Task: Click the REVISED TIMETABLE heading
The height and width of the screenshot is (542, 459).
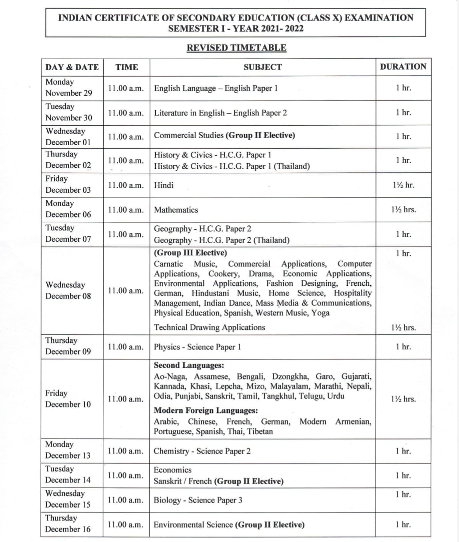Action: click(x=236, y=48)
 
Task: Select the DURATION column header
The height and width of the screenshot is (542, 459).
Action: click(x=403, y=67)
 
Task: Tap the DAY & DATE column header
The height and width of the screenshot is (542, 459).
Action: click(x=72, y=67)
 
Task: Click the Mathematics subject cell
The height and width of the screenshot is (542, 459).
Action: click(x=176, y=210)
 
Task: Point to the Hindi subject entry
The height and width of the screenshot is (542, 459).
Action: click(x=164, y=185)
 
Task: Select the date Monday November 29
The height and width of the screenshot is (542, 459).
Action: click(x=68, y=87)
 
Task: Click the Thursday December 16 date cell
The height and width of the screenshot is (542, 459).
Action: click(x=68, y=523)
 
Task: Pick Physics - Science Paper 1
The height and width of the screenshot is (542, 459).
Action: click(x=197, y=347)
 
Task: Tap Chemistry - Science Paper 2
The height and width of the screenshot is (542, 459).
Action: click(x=202, y=451)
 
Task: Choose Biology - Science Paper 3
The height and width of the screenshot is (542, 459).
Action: click(x=198, y=500)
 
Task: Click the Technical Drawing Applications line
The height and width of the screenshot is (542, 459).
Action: click(x=209, y=327)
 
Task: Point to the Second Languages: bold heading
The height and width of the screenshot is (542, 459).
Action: click(x=189, y=366)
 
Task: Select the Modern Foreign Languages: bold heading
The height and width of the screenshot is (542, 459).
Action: click(x=206, y=411)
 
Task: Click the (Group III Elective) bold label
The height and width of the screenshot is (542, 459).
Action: click(x=190, y=253)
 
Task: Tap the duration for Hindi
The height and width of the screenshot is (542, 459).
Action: click(x=403, y=185)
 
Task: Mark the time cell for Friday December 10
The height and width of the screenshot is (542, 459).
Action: click(x=126, y=399)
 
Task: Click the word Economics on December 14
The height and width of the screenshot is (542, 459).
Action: click(x=173, y=470)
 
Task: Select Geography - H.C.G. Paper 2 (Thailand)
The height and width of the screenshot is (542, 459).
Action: click(x=222, y=240)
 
